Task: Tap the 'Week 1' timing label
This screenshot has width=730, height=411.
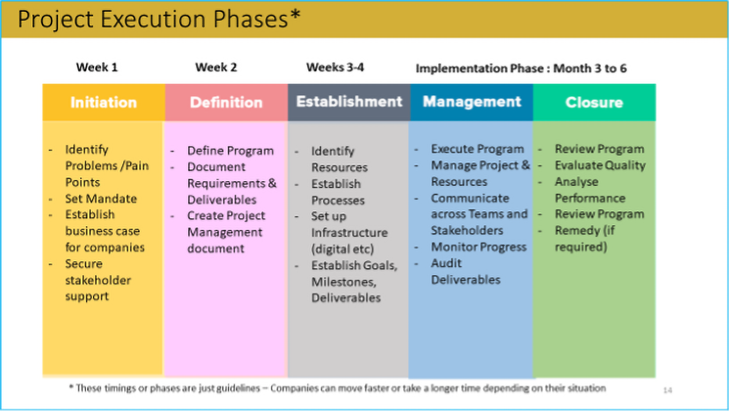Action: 97,67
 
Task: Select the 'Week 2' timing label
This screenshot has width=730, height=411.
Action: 216,67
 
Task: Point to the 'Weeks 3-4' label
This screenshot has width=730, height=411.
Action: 335,67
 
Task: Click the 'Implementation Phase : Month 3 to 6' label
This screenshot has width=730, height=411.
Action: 521,68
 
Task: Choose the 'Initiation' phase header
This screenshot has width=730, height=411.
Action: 103,103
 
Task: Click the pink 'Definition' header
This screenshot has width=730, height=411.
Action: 226,103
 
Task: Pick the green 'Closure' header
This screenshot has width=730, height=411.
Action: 595,103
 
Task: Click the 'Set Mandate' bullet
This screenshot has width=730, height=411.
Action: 101,199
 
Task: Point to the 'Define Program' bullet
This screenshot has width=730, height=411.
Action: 230,151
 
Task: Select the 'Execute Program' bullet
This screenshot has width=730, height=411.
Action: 477,149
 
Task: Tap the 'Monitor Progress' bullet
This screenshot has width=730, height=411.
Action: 479,247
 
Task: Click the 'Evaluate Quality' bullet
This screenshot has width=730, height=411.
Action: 600,165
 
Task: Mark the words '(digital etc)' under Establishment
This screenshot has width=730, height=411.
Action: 342,249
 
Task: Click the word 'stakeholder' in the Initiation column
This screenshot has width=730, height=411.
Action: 98,280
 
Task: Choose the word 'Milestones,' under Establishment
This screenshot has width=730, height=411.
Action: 344,282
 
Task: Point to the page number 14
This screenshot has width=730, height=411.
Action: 667,390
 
